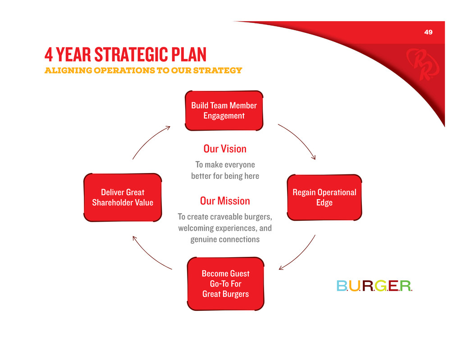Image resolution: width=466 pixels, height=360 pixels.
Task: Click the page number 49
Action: (x=428, y=32)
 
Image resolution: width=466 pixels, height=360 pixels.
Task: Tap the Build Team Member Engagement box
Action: (x=224, y=110)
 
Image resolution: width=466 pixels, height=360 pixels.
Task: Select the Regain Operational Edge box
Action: (x=324, y=197)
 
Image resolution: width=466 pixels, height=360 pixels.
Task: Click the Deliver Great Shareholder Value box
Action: (x=123, y=197)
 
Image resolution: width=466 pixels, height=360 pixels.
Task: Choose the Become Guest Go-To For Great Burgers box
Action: (x=226, y=284)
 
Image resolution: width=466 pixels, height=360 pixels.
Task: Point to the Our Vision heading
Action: (x=225, y=149)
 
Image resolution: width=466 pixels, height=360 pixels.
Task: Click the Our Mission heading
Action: (x=225, y=201)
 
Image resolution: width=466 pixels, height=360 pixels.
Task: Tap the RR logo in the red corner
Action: (x=422, y=64)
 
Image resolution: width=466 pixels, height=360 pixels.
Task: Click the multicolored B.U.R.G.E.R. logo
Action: (x=374, y=286)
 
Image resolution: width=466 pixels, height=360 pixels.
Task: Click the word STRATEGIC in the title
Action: (x=131, y=55)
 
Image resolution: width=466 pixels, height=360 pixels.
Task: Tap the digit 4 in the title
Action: (x=48, y=55)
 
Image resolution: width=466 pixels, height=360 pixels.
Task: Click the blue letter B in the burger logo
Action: (x=342, y=286)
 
